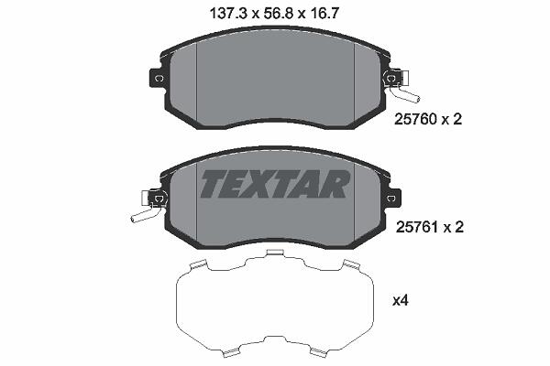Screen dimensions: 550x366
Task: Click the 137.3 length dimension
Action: click(x=228, y=14)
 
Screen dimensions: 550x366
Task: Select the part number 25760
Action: click(x=415, y=120)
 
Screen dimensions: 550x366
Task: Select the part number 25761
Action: click(x=417, y=228)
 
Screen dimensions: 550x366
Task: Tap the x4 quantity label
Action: click(x=401, y=300)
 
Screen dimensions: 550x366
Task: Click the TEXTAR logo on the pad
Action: click(x=275, y=184)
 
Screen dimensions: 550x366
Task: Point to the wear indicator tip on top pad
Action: click(x=416, y=100)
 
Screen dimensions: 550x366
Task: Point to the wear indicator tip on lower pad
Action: click(x=134, y=220)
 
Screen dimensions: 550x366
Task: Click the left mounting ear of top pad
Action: click(x=157, y=79)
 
